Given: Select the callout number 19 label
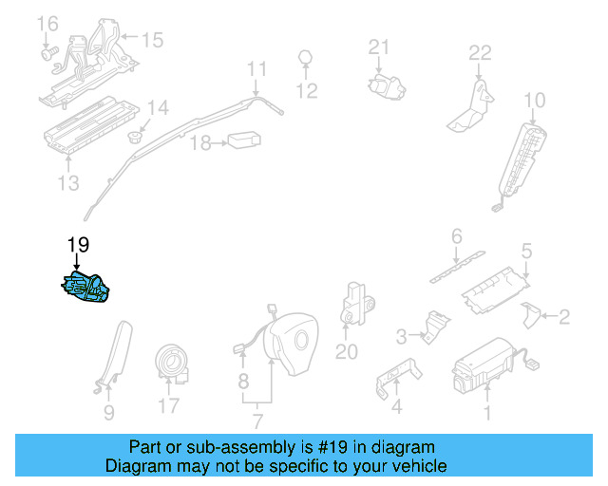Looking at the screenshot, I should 78,246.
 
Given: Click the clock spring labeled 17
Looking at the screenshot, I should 172,364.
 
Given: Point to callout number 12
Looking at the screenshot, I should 306,91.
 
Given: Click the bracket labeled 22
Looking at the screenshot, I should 472,106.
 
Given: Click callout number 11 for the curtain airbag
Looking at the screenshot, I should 257,68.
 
